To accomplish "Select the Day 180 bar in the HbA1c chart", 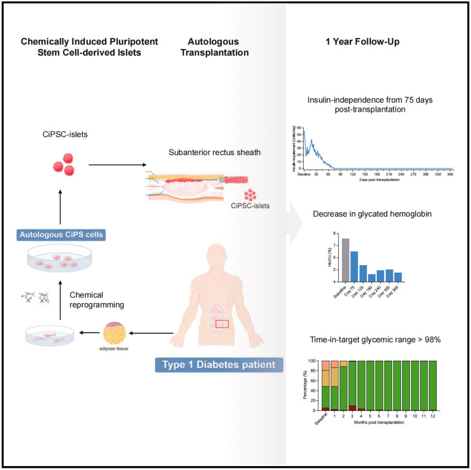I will pos(372,278).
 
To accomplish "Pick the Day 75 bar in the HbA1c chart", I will pos(355,266).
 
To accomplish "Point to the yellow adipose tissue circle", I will pos(115,334).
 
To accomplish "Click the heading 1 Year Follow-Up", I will pos(362,42).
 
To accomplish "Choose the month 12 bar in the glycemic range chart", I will pos(433,386).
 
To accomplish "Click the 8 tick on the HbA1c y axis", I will pos(336,233).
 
